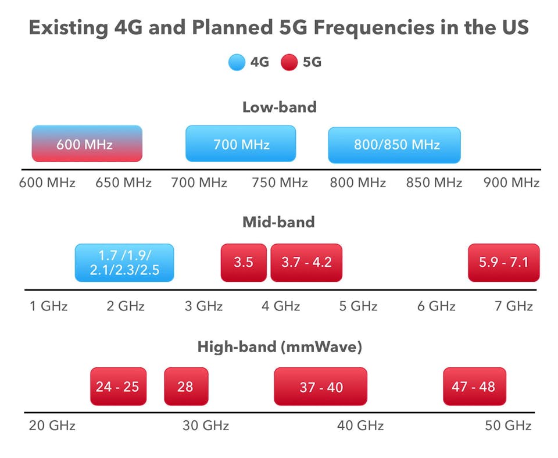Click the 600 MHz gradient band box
tap(87, 144)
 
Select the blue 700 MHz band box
tap(241, 144)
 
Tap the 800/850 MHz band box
tap(394, 145)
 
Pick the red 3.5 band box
tap(244, 262)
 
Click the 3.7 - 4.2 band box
tap(306, 262)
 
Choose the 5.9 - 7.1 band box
tap(503, 262)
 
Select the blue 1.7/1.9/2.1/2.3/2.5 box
tap(124, 263)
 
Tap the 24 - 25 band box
tap(118, 387)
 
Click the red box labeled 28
tap(185, 387)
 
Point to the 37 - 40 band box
tap(320, 387)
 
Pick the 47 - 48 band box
tap(474, 387)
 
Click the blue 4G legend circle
tap(237, 62)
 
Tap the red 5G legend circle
tap(289, 62)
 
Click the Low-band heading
tap(279, 107)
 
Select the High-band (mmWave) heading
tap(280, 347)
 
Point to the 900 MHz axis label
tap(512, 183)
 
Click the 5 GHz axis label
tap(359, 306)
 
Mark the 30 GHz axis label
tap(206, 425)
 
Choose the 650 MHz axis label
tap(123, 183)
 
